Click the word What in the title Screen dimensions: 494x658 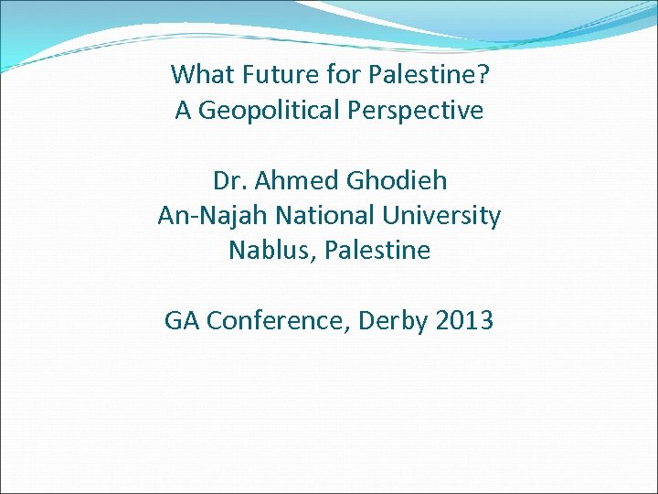coord(199,74)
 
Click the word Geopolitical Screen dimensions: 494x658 coord(271,112)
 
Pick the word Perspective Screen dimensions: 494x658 coord(416,112)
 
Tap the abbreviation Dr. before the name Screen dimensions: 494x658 coord(226,180)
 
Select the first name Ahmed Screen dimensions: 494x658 coord(291,180)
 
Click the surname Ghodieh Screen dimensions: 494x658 coord(395,180)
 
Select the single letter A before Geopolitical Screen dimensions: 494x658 coord(183,112)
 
